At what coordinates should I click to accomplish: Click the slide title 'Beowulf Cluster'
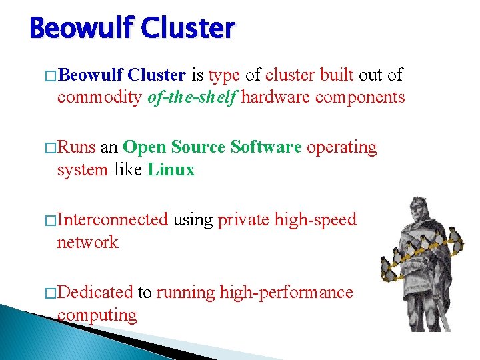tap(133, 29)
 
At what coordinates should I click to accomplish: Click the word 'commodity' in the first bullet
tap(99, 97)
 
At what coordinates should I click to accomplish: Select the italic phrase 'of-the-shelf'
tap(191, 97)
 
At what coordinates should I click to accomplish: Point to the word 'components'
tap(360, 97)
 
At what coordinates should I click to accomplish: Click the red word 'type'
tap(223, 75)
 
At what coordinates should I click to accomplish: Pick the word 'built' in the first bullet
tap(341, 75)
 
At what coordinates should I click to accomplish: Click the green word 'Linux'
tap(171, 170)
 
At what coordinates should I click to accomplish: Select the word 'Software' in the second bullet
tap(266, 147)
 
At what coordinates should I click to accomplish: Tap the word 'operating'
tap(341, 147)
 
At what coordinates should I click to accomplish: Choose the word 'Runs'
tap(77, 147)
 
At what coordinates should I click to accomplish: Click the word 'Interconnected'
tap(113, 220)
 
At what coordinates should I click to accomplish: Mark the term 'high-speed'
tap(315, 220)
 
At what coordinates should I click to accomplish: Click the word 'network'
tap(87, 243)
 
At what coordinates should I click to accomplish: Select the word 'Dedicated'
tap(95, 293)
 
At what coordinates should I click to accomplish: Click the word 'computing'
tap(97, 315)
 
